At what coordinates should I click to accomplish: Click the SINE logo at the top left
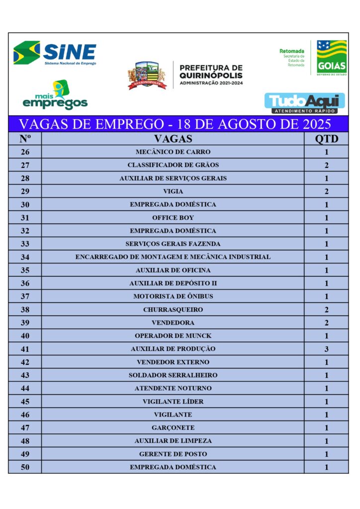pos(55,53)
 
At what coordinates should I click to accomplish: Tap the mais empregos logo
pos(55,96)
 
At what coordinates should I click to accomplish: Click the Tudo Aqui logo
pos(304,103)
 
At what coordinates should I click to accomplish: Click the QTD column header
pos(326,139)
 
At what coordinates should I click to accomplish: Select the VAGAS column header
pos(173,139)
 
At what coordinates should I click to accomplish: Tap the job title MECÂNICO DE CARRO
pos(173,152)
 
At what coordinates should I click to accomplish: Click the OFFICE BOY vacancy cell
pos(173,218)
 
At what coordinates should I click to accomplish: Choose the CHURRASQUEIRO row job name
pos(173,310)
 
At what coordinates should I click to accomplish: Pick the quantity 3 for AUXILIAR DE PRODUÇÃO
pos(326,349)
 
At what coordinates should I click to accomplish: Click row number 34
pos(25,257)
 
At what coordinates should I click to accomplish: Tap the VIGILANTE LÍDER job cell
pos(173,402)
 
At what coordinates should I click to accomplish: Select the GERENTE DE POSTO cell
pos(173,454)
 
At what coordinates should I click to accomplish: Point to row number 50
pos(25,467)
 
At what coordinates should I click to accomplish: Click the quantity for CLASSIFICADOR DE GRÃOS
pos(326,165)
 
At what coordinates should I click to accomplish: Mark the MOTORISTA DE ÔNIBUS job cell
pos(173,297)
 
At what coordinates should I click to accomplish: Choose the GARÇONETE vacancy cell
pos(173,427)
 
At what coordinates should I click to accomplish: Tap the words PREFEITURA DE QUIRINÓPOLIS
pos(211,72)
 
